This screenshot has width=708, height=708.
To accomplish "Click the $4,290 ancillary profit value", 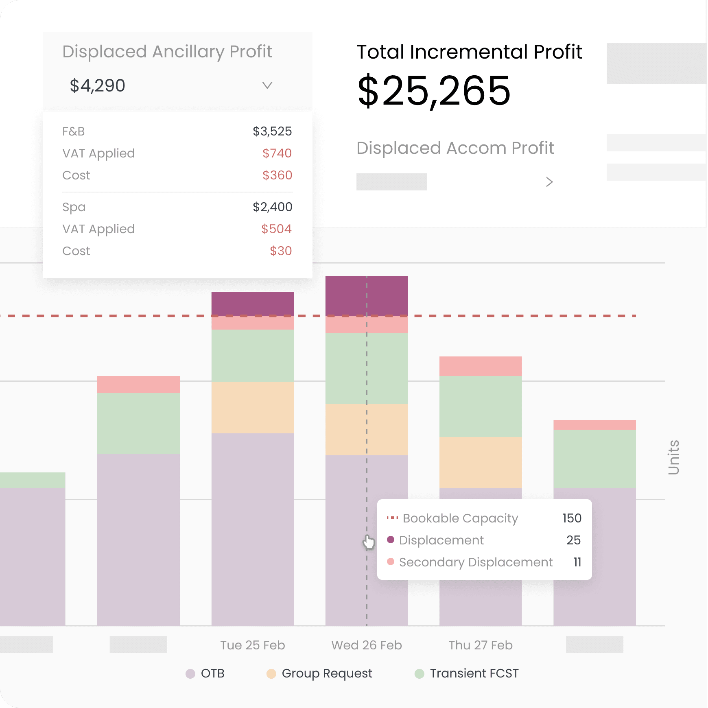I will [x=97, y=86].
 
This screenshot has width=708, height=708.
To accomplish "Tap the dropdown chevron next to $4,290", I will [x=267, y=85].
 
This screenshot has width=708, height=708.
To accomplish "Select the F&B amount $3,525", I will [x=272, y=131].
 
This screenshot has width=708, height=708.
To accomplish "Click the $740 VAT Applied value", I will [x=277, y=153].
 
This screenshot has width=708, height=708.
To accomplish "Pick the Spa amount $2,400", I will [x=272, y=207].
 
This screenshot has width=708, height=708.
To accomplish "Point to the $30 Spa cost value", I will [x=281, y=251].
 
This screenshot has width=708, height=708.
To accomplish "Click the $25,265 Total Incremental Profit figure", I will [x=434, y=91].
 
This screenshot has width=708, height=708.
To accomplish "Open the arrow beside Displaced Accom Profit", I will [x=549, y=182].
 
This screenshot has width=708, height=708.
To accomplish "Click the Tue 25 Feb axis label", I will [x=252, y=645].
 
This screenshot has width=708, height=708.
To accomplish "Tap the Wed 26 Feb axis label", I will [x=366, y=645].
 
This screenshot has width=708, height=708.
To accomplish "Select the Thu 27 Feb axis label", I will [x=480, y=645].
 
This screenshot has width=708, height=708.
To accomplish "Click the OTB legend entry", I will [x=205, y=673].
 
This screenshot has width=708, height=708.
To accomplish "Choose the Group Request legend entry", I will [x=319, y=673].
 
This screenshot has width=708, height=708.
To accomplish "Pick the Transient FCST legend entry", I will [x=467, y=673].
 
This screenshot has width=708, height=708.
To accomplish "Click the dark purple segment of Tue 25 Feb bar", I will [x=252, y=303].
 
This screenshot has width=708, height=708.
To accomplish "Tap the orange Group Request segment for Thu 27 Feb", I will [x=480, y=463].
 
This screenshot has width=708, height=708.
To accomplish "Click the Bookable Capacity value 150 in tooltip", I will [x=572, y=518].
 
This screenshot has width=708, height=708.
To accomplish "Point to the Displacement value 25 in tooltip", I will [x=573, y=540].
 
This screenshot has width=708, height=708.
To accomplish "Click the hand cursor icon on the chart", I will [x=369, y=542].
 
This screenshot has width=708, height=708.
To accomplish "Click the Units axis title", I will [x=674, y=457].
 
